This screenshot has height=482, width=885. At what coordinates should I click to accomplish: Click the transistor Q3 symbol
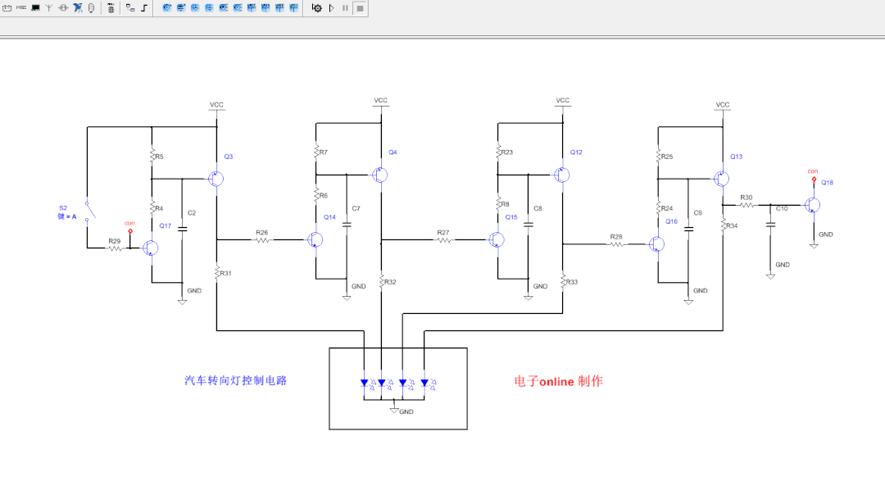pyautogui.click(x=216, y=179)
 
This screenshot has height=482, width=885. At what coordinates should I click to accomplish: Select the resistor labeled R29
pyautogui.click(x=114, y=248)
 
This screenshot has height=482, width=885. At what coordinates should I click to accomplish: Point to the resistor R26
pyautogui.click(x=261, y=239)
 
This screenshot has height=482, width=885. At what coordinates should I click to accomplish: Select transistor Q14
pyautogui.click(x=315, y=239)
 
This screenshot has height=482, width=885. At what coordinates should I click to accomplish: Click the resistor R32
pyautogui.click(x=382, y=282)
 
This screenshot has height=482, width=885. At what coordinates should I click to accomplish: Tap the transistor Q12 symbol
pyautogui.click(x=561, y=175)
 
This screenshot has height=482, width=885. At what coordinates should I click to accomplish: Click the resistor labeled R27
pyautogui.click(x=442, y=239)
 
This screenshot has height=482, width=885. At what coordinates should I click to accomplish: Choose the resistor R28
pyautogui.click(x=615, y=243)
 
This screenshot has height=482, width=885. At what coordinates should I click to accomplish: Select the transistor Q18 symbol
pyautogui.click(x=812, y=205)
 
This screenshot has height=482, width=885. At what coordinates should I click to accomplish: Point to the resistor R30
pyautogui.click(x=747, y=205)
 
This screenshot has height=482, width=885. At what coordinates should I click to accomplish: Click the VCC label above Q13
pyautogui.click(x=722, y=105)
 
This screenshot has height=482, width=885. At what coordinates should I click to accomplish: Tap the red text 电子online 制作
pyautogui.click(x=558, y=381)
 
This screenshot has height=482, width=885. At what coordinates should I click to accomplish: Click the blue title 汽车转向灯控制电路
pyautogui.click(x=235, y=380)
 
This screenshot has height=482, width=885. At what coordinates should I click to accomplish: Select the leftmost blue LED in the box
pyautogui.click(x=364, y=383)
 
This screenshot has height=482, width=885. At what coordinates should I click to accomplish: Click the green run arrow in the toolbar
pyautogui.click(x=331, y=7)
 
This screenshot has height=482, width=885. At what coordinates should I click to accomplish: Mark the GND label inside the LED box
pyautogui.click(x=406, y=412)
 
